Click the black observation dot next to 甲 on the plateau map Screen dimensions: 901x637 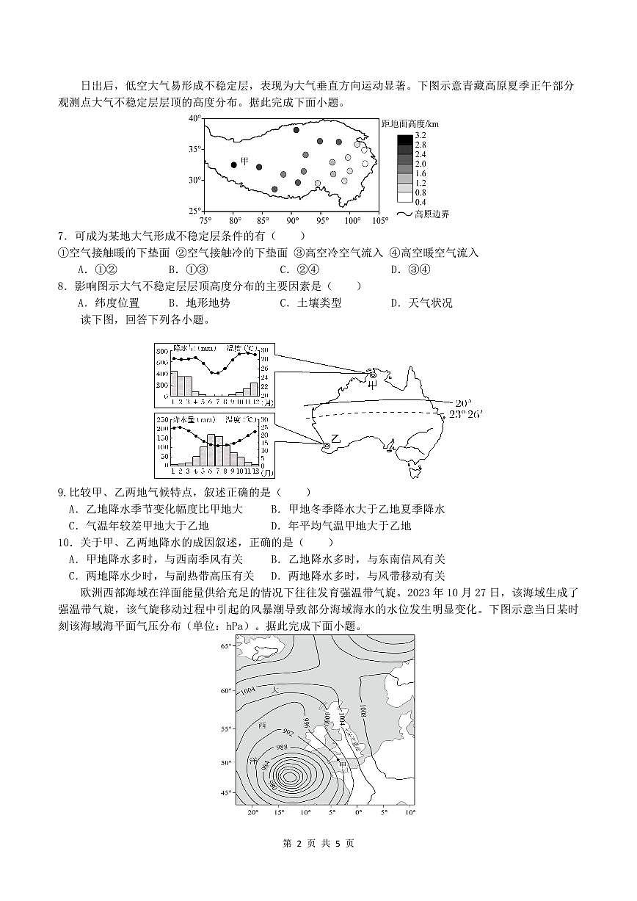coord(234,164)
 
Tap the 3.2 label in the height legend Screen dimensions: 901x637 coord(421,136)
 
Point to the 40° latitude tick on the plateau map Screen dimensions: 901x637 coord(194,118)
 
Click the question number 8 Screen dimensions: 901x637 coord(62,286)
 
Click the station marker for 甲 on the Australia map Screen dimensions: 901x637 coord(373,374)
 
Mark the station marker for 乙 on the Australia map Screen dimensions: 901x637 coord(326,445)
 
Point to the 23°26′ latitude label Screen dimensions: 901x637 coord(464,414)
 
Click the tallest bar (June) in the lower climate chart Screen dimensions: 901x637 coord(211,450)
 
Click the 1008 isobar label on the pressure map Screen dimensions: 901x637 coord(362,710)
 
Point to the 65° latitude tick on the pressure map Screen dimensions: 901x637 coord(226,646)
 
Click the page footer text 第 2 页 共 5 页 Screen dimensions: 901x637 coord(318,844)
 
